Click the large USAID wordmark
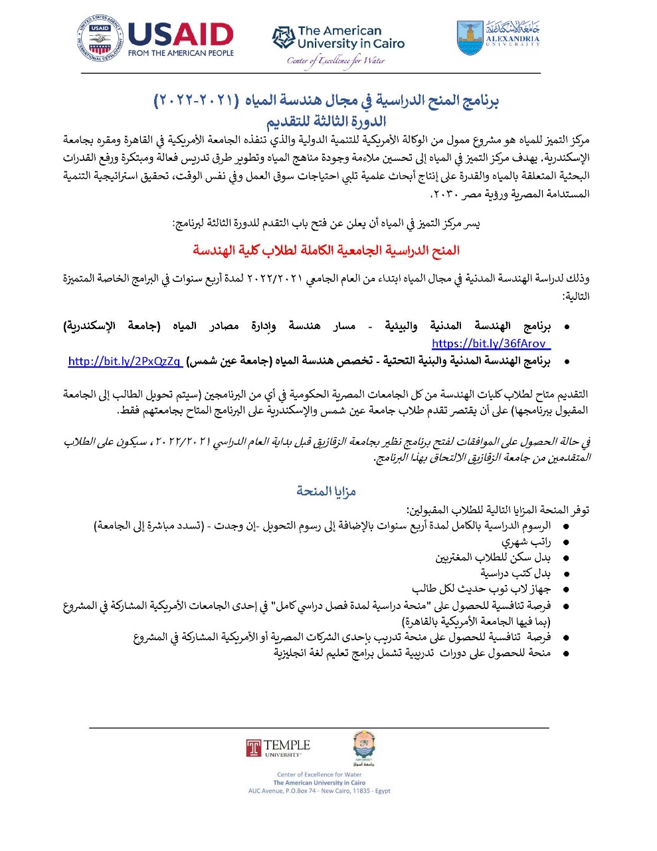coord(180,35)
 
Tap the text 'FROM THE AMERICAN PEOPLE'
coord(181,53)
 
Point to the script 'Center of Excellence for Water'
coord(336,61)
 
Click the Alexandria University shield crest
coord(470,37)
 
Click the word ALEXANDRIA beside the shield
coord(513,39)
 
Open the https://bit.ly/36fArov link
coord(491,344)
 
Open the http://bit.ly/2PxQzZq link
coord(124,361)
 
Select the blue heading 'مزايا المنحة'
coord(326,491)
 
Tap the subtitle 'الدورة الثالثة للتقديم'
coord(326,122)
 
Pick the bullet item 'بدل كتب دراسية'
coord(516,573)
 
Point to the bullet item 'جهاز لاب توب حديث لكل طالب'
coord(481,589)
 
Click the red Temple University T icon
coord(253,748)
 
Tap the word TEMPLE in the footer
coord(287,745)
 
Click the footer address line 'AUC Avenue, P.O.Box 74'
coord(319,791)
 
